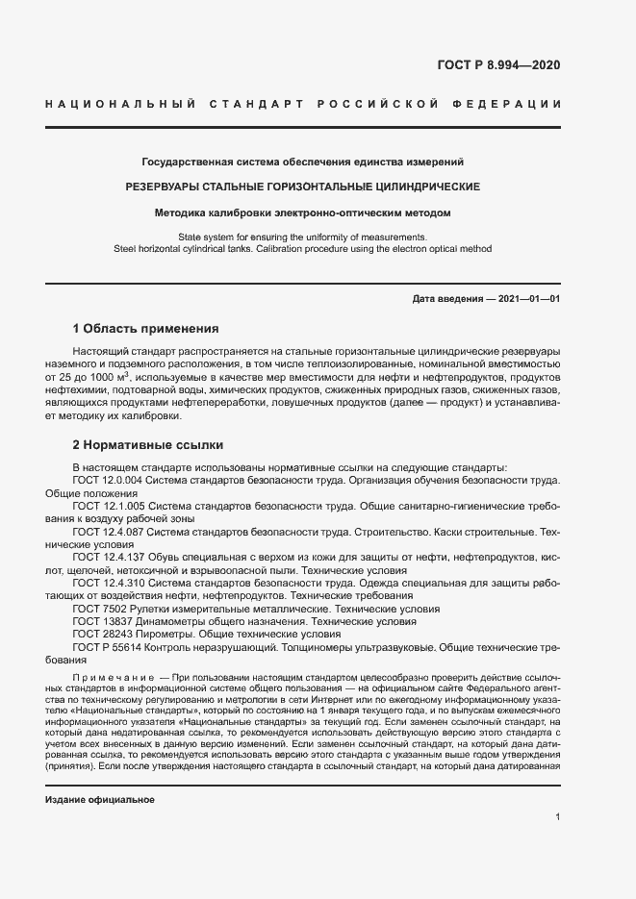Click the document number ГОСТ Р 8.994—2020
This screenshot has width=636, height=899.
[x=498, y=66]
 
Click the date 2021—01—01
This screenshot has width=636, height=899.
[x=527, y=299]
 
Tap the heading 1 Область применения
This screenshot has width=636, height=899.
[x=145, y=328]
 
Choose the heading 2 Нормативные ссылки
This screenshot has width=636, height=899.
[x=148, y=445]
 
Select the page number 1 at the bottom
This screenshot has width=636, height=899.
[x=557, y=817]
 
